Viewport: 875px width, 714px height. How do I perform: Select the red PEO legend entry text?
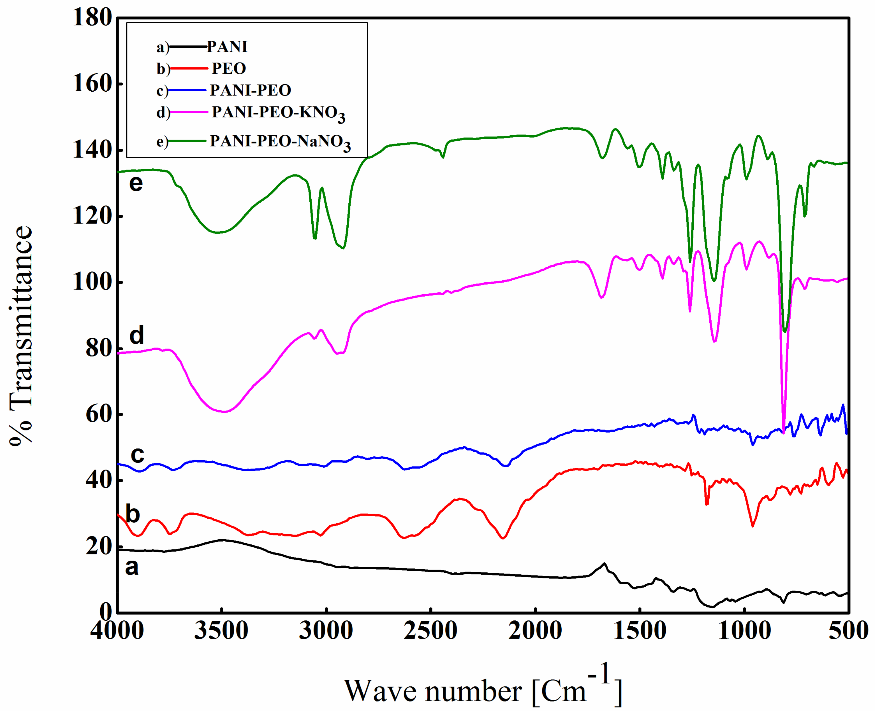click(229, 68)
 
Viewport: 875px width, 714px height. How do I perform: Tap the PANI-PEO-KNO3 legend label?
click(278, 113)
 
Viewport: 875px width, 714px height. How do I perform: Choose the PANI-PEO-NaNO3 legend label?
click(280, 142)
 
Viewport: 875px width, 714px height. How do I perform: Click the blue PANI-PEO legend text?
click(250, 90)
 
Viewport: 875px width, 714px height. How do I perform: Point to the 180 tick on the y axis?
click(92, 18)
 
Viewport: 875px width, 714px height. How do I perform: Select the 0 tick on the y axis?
click(105, 613)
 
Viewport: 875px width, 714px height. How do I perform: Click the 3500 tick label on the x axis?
click(221, 630)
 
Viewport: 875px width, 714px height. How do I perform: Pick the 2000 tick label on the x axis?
click(535, 630)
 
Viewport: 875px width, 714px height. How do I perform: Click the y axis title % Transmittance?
click(21, 335)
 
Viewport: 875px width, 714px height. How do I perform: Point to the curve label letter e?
click(136, 183)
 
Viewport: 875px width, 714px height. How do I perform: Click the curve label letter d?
click(137, 335)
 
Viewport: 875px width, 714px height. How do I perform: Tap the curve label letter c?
click(137, 454)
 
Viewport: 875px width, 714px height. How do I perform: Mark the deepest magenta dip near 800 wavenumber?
click(783, 432)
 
